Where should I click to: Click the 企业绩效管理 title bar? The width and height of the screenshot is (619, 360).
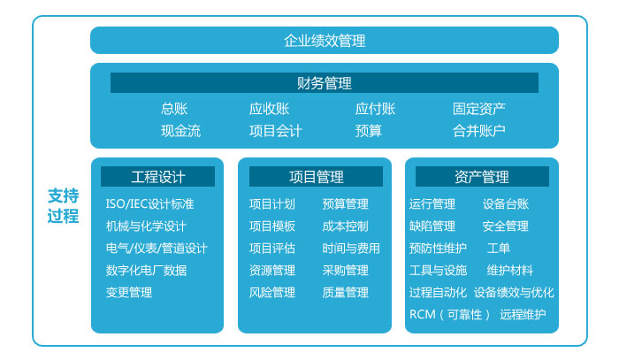[325, 41]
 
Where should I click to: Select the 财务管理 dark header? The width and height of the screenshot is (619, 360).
[325, 83]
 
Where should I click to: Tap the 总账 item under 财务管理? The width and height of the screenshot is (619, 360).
[174, 109]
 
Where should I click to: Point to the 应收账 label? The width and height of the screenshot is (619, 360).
[269, 109]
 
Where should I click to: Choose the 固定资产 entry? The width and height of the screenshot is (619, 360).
[479, 109]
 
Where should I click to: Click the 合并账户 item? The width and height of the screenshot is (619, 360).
[479, 131]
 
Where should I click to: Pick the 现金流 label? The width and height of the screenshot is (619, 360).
[180, 131]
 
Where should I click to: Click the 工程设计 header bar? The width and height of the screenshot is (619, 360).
[157, 176]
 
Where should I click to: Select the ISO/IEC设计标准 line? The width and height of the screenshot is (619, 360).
[149, 203]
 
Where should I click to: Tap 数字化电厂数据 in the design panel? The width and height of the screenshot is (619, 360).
[146, 271]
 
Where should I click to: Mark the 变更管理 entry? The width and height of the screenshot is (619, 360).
[129, 293]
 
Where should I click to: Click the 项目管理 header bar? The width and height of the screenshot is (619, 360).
[316, 176]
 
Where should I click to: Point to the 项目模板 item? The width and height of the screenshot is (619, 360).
[272, 226]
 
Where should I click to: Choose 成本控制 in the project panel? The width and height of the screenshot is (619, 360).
[345, 226]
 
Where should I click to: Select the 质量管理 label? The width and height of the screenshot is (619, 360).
[345, 293]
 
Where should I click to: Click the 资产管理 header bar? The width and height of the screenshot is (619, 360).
[482, 176]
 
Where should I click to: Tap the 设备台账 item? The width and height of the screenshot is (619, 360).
[505, 204]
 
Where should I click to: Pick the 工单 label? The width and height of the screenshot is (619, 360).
[498, 249]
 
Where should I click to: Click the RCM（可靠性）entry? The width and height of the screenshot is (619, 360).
[449, 315]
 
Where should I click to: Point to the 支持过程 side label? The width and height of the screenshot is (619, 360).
[63, 206]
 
